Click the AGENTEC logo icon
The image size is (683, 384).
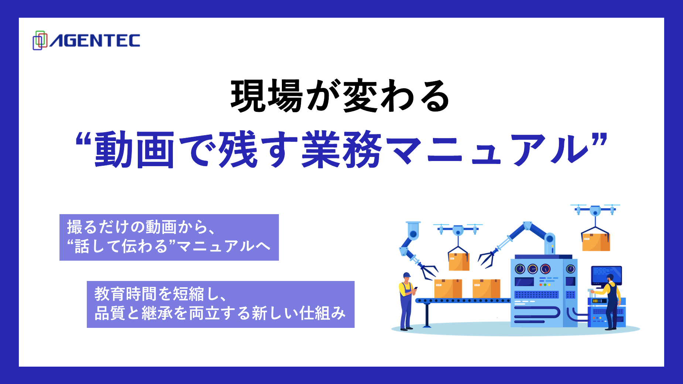(40, 40)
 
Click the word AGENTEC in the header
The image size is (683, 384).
(95, 41)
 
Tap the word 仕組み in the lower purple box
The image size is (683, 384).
(322, 313)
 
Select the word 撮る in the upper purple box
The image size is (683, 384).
(82, 227)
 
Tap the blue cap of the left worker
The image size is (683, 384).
(407, 275)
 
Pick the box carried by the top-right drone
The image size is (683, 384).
(596, 242)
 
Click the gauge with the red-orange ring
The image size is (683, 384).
(545, 269)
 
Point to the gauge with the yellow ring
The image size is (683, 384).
(532, 269)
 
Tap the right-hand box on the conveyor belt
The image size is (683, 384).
(486, 288)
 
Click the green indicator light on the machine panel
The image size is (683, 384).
(545, 285)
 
